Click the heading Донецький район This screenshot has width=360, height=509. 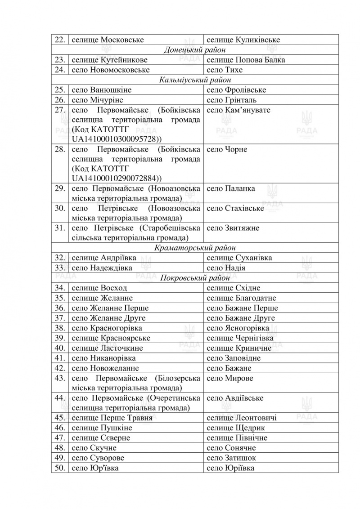pos(195,50)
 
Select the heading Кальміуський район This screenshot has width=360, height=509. pos(195,80)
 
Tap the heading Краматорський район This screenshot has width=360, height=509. pos(195,248)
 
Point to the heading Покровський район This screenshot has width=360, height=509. pos(195,278)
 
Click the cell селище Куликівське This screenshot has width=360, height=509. pos(243,40)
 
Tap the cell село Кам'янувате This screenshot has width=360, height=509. pos(238,110)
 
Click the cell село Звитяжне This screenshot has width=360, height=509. pos(233,228)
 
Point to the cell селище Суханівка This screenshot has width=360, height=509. pos(239,258)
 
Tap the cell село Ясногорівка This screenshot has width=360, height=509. pos(238,328)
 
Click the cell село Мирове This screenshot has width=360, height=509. pos(229,378)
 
